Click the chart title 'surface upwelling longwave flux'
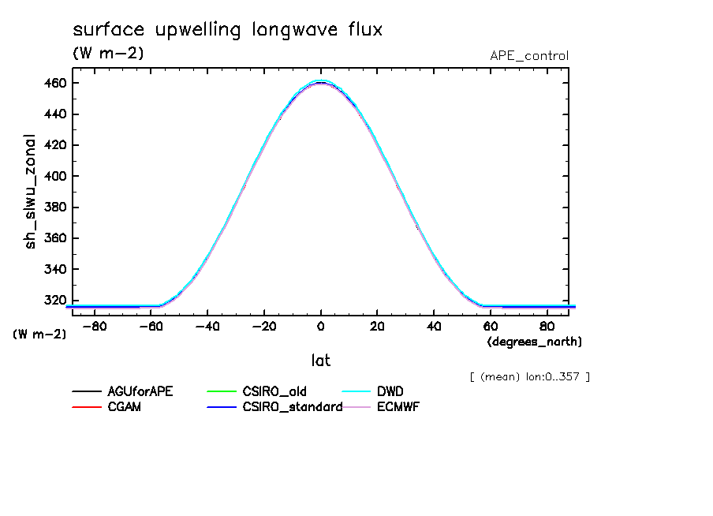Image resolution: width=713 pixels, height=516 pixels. [x=227, y=30]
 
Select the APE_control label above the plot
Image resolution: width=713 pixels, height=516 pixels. [x=528, y=56]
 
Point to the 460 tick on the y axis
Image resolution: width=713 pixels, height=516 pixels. [x=55, y=83]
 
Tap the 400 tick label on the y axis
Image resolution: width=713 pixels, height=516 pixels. [x=55, y=176]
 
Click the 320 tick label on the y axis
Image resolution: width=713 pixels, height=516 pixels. [x=55, y=300]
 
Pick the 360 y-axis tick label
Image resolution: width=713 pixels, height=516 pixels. [x=55, y=238]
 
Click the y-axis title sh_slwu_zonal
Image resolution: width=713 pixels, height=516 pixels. [x=32, y=191]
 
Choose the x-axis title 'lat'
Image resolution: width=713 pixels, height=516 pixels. [x=320, y=361]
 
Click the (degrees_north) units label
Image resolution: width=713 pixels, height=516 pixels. [x=535, y=342]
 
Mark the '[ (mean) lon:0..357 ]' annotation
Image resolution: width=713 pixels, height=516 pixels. [x=529, y=376]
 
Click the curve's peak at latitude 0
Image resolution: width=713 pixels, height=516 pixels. [x=321, y=81]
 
